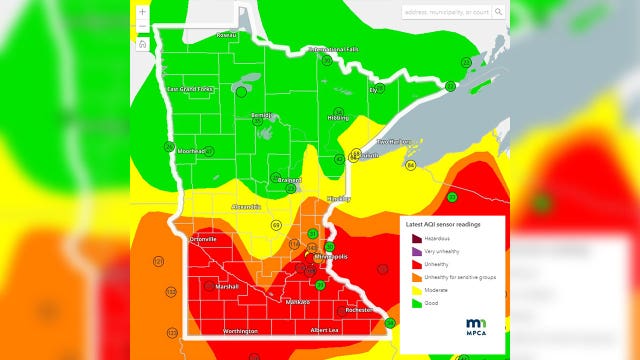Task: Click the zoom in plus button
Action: [143, 11]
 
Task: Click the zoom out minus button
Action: [143, 27]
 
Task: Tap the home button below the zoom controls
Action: [143, 44]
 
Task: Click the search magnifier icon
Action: [498, 12]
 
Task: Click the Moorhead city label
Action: [190, 151]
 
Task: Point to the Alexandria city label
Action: [245, 207]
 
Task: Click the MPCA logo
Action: [478, 326]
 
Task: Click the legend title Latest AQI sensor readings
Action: [443, 225]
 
